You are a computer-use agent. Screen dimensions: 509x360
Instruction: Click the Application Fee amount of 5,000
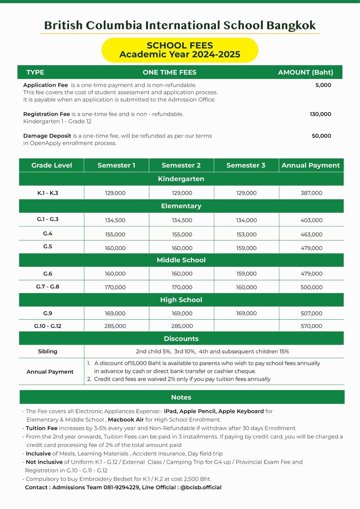[x=323, y=85]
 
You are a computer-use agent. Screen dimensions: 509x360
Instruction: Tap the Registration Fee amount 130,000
[x=320, y=114]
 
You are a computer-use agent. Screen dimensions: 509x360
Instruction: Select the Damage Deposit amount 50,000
[x=321, y=136]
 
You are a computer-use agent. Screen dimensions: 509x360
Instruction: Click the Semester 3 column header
[x=246, y=165]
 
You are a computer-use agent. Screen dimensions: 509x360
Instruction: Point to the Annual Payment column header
[x=310, y=165]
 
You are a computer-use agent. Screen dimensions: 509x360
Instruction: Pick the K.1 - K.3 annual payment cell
[x=311, y=193]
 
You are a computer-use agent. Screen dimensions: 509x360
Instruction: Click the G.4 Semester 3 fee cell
[x=246, y=235]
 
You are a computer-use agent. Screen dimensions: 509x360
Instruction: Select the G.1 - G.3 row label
[x=48, y=219]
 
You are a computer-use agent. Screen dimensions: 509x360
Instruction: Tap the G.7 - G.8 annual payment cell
[x=311, y=287]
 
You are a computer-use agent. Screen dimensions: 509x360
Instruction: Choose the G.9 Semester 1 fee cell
[x=115, y=314]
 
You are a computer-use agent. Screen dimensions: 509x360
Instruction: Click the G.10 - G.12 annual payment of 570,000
[x=311, y=326]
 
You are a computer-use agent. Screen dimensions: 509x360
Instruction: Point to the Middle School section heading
[x=181, y=260]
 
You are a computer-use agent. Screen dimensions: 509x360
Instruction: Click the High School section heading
[x=181, y=300]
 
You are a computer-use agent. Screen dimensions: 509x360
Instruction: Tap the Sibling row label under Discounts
[x=48, y=351]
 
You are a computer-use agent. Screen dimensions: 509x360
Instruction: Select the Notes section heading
[x=181, y=397]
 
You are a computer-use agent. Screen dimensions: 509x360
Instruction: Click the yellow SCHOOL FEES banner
[x=180, y=50]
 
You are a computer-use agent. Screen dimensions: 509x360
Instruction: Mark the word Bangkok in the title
[x=291, y=25]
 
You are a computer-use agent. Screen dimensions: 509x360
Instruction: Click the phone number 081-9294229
[x=122, y=487]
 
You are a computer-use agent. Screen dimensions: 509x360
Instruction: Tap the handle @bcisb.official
[x=201, y=487]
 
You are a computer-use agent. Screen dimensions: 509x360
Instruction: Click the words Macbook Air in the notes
[x=126, y=420]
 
